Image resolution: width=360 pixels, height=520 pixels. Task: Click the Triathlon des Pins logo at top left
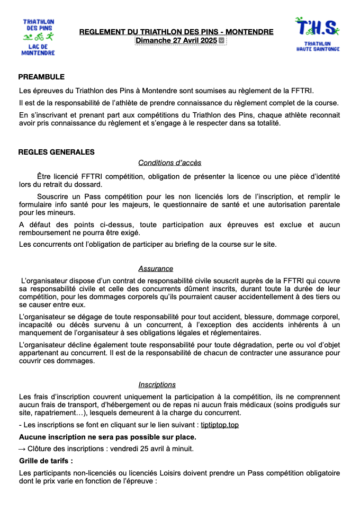coord(38,37)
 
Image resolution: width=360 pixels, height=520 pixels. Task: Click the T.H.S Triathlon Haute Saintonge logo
coord(318,34)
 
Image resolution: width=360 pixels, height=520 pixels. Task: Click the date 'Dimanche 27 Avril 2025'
coord(176,40)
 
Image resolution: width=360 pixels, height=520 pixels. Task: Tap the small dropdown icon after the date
coord(222,41)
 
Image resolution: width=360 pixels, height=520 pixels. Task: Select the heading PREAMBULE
coord(41,77)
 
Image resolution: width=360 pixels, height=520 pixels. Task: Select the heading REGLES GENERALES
coord(56,152)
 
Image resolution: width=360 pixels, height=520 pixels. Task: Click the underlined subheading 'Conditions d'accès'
coord(169,163)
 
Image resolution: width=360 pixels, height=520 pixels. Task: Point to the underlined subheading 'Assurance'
coord(156,268)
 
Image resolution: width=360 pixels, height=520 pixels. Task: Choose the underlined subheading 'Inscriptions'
coord(157,384)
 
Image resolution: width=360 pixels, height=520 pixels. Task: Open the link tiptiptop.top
coord(223,425)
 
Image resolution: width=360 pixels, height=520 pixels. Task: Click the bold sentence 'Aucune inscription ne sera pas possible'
coord(107,437)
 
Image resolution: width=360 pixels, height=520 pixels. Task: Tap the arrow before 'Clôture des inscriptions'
coord(22,449)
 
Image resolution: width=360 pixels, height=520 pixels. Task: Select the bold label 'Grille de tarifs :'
coord(46,461)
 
